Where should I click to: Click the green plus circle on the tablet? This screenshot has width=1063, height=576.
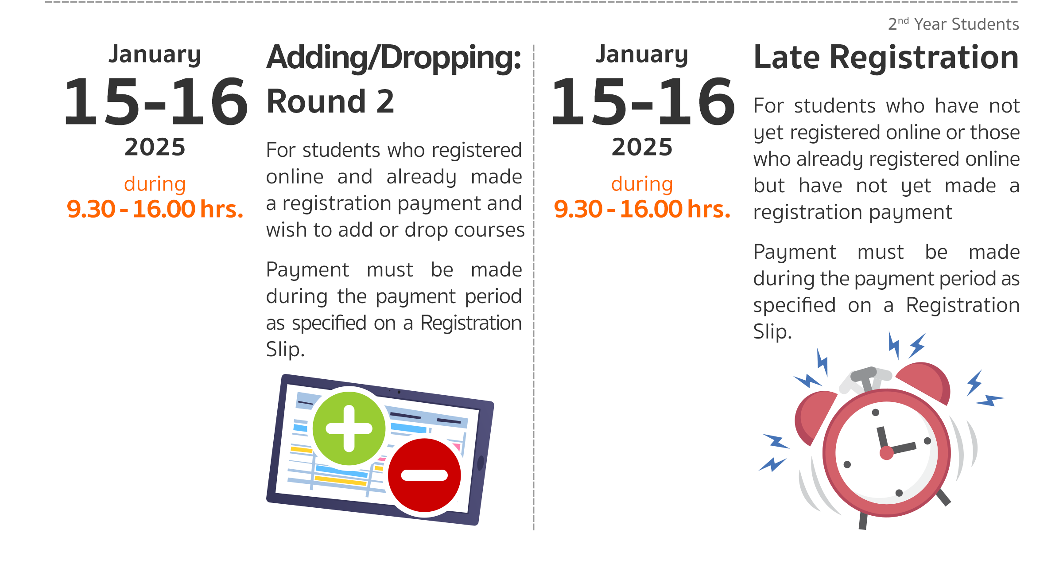[349, 428]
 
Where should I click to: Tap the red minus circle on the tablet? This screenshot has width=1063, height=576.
[424, 475]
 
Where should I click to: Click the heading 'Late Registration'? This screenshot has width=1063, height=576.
[886, 58]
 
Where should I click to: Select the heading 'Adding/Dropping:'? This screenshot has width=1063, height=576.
[394, 58]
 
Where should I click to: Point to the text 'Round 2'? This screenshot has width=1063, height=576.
[330, 101]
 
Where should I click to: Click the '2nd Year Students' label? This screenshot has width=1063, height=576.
[954, 24]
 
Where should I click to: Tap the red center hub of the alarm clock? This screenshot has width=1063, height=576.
[886, 453]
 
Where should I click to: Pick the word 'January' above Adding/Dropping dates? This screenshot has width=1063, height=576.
[155, 55]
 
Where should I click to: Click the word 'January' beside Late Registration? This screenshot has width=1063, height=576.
[642, 55]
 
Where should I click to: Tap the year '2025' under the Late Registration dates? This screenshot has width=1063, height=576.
[642, 147]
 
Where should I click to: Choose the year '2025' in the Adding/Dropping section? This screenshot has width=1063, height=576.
[155, 147]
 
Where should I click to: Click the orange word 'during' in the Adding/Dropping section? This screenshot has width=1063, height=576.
[155, 184]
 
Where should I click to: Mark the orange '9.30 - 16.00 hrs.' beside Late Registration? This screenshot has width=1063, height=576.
[642, 209]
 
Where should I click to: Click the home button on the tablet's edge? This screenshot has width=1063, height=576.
[480, 463]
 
